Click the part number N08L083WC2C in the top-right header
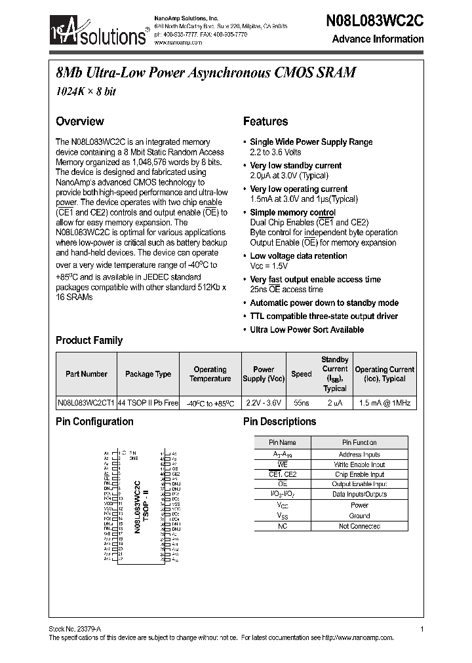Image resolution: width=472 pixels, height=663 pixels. click(374, 20)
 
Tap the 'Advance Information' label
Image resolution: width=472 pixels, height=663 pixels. click(378, 39)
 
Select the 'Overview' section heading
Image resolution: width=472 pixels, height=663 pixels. click(79, 121)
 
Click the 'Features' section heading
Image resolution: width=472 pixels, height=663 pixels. click(265, 121)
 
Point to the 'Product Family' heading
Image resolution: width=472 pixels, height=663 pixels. click(89, 340)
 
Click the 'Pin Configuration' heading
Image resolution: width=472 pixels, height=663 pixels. click(94, 422)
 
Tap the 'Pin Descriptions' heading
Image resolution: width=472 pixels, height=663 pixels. click(279, 422)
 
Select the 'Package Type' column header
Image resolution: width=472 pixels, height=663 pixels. click(148, 374)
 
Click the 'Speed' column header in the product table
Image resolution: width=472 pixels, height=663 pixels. click(302, 374)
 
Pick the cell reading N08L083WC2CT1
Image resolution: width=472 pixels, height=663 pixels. click(86, 403)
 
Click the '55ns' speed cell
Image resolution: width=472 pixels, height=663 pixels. click(302, 403)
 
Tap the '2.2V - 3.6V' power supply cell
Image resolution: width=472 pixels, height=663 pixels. click(264, 403)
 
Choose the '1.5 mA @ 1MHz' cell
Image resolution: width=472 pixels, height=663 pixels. click(385, 403)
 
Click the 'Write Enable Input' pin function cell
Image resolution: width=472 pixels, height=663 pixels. click(359, 464)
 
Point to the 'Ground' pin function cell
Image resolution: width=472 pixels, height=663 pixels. click(359, 516)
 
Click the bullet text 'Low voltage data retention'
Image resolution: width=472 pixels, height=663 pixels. click(298, 256)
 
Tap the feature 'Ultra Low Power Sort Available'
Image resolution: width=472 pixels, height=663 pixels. click(307, 330)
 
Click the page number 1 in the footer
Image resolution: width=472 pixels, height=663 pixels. click(422, 629)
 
